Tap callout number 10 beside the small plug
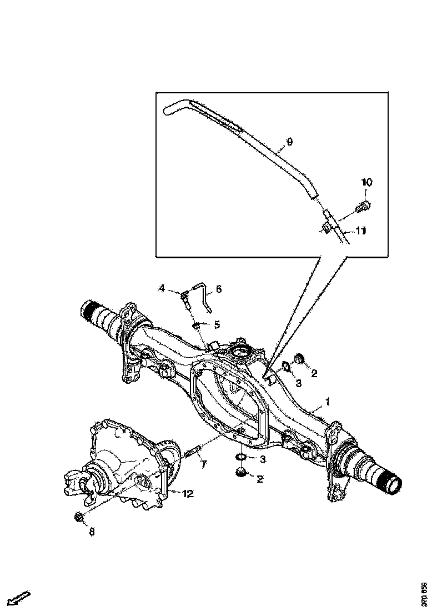[x=367, y=182]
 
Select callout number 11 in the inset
[x=361, y=231]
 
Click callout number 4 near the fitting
[x=162, y=288]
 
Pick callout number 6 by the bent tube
[x=218, y=289]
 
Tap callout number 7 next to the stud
[x=204, y=464]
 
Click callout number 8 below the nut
[x=92, y=532]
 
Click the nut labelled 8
[x=79, y=518]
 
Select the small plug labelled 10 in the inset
[x=365, y=207]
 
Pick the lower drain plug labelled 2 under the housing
[x=241, y=473]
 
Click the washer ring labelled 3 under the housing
[x=241, y=457]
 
